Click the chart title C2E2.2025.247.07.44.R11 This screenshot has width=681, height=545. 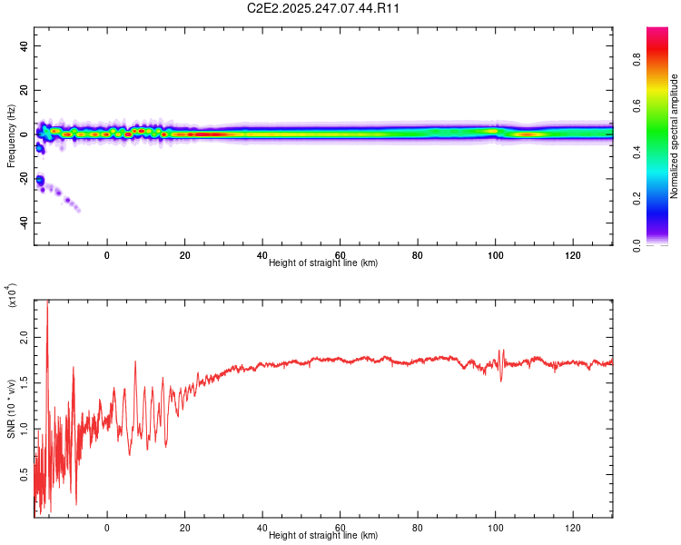[x=341, y=8]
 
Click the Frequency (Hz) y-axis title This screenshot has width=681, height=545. [x=11, y=135]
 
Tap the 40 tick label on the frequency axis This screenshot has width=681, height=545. [x=24, y=46]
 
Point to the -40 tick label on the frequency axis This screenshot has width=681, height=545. [x=22, y=223]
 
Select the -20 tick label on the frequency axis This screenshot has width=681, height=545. [x=22, y=179]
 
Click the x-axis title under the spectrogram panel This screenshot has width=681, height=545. [x=323, y=263]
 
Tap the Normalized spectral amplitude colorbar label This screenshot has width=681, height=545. [x=675, y=136]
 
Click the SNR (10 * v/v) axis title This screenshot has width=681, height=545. [x=11, y=409]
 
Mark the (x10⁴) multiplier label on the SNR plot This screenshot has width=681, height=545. [x=12, y=296]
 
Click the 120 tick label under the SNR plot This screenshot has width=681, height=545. [x=573, y=528]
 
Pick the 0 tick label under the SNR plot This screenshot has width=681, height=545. [x=107, y=528]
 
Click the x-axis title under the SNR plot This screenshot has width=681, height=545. [x=323, y=536]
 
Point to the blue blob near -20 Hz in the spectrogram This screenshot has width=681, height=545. [x=40, y=182]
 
